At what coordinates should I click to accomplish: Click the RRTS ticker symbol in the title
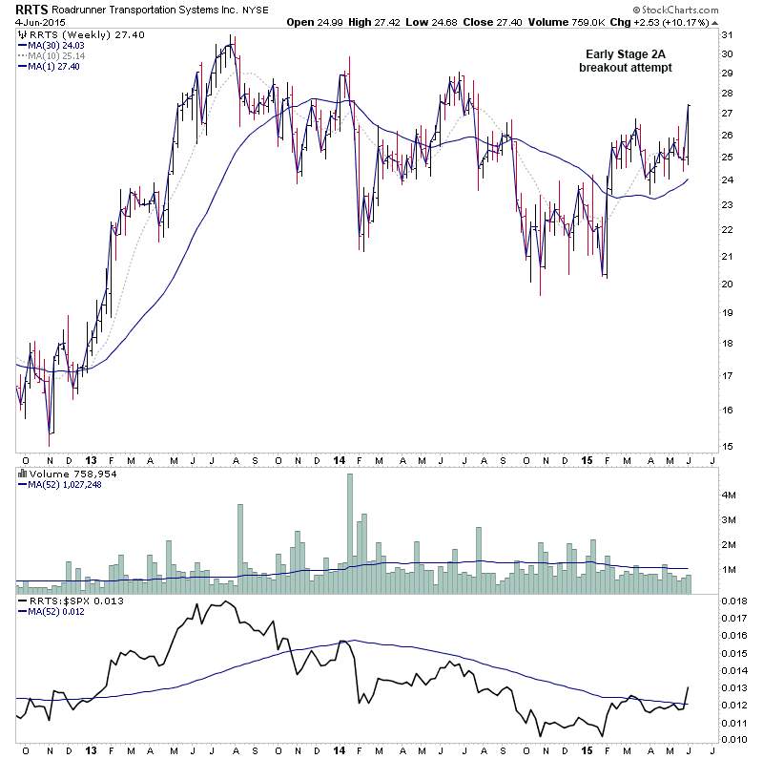pyautogui.click(x=32, y=10)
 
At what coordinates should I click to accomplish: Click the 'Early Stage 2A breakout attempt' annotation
pyautogui.click(x=625, y=61)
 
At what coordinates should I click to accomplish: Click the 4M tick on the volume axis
pyautogui.click(x=730, y=496)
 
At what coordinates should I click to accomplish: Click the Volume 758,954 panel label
pyautogui.click(x=61, y=472)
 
